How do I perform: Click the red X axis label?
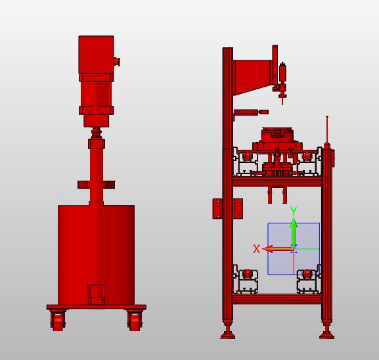coord(256,248)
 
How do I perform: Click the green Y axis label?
coord(294,211)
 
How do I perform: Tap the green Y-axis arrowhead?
coord(294,223)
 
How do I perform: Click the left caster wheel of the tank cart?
coord(58,321)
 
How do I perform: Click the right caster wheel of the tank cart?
coord(135,321)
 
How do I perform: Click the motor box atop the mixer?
coord(96,55)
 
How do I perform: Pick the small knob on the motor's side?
coord(117,62)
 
